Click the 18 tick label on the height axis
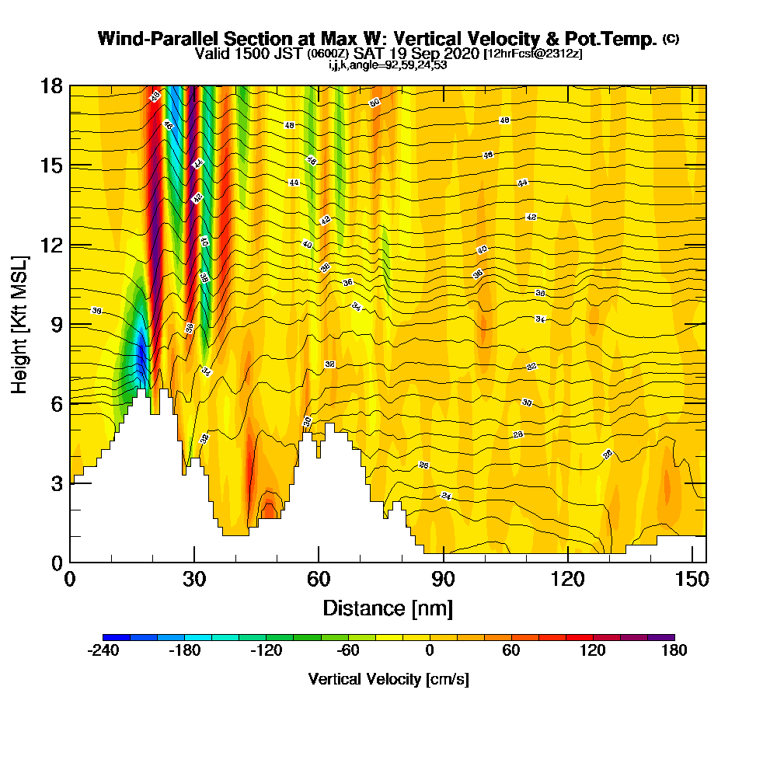point(51,85)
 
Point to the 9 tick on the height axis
point(70,324)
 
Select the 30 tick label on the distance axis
point(194,580)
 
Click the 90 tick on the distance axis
point(443,562)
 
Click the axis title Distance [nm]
point(388,607)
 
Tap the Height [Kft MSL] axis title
point(20,324)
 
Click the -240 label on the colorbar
point(103,651)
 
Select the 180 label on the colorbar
point(674,651)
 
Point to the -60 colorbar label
point(347,651)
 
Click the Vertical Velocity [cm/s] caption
point(388,679)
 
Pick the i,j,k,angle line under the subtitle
point(388,65)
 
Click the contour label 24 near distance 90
point(446,496)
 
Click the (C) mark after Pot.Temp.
point(671,39)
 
